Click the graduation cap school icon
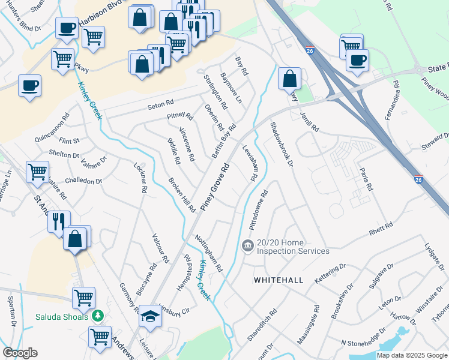[x=149, y=316]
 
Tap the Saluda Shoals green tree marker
[x=97, y=316]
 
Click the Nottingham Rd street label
[x=209, y=253]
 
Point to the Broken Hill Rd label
[x=182, y=195]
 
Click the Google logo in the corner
[x=20, y=353]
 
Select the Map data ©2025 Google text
[x=412, y=355]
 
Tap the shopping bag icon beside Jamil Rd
[x=289, y=78]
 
